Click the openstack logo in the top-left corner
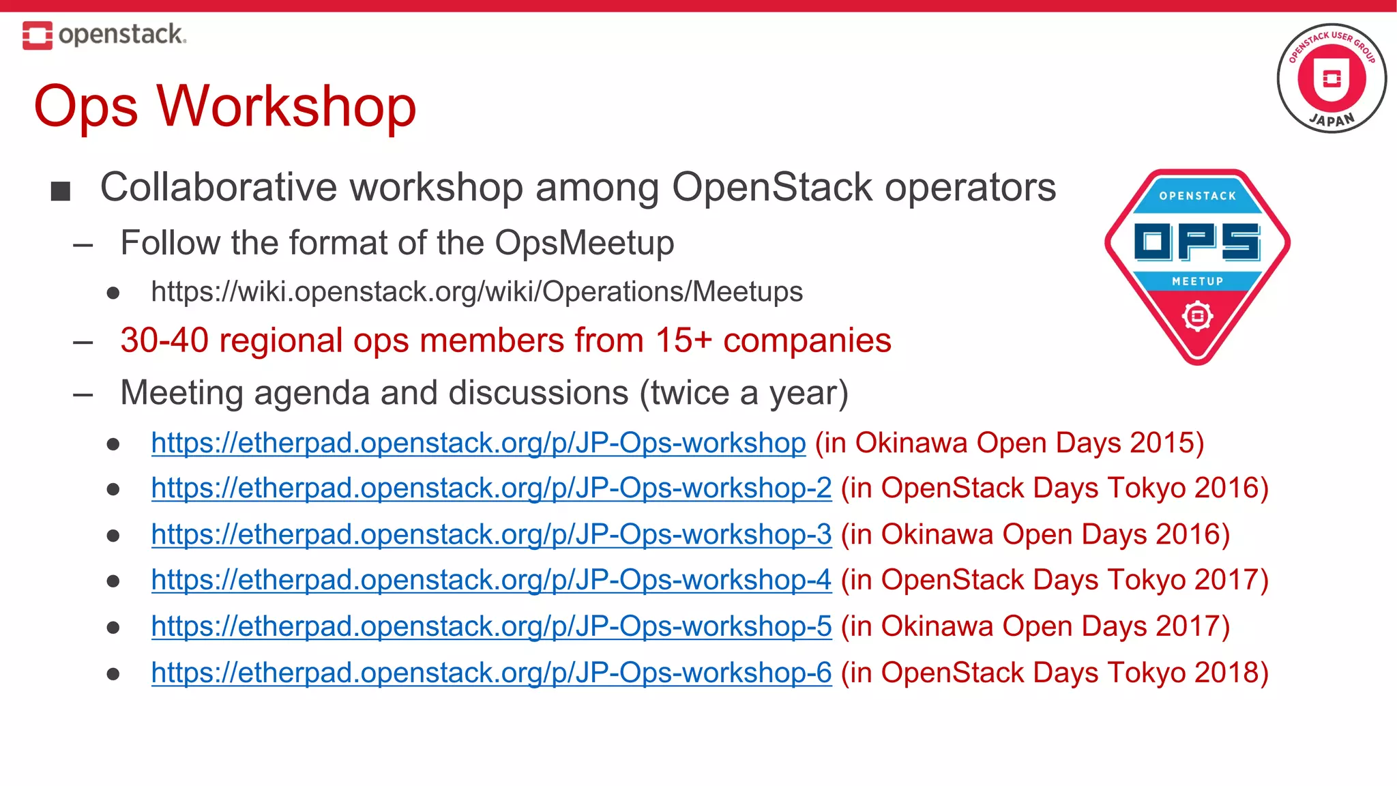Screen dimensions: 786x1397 point(104,35)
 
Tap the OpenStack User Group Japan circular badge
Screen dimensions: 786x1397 point(1331,78)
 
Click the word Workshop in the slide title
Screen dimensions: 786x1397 point(286,106)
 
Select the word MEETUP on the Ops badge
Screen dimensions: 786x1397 point(1197,281)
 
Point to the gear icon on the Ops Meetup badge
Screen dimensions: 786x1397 point(1197,317)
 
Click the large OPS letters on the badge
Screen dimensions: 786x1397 point(1197,242)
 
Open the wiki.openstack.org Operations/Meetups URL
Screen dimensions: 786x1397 point(477,292)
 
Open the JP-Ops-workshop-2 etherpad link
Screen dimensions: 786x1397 point(491,489)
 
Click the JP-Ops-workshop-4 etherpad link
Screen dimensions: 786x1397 point(491,580)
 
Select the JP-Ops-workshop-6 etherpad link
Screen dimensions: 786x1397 point(491,673)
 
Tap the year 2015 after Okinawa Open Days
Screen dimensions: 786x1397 point(1161,443)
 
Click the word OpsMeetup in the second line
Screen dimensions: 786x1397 point(584,243)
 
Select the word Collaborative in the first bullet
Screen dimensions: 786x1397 point(218,188)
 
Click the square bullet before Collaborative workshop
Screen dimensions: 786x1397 point(61,192)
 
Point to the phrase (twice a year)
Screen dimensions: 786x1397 point(744,394)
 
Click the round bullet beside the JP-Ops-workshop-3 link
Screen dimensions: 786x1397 point(113,536)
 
